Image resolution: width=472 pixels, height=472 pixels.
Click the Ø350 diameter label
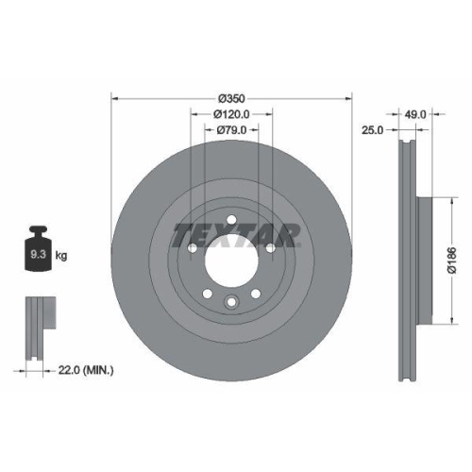coord(231,98)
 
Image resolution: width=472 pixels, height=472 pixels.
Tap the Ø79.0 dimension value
coord(231,130)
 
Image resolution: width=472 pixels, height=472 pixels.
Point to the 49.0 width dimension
coord(416,113)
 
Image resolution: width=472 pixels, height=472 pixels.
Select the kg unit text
coord(60,256)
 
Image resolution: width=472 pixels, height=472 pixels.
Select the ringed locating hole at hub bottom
coord(231,303)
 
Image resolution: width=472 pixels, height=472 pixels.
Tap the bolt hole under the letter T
coord(193,248)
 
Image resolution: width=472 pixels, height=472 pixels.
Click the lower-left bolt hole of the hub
coord(207,295)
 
